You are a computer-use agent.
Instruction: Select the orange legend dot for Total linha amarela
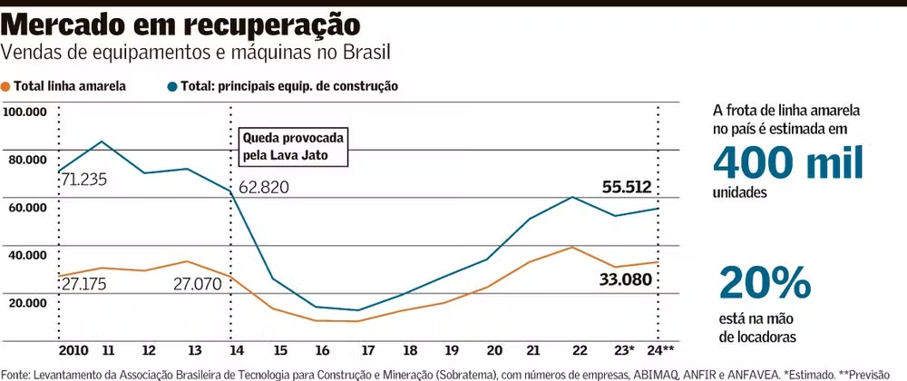pyautogui.click(x=7, y=87)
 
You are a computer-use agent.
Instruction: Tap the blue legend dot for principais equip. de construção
pyautogui.click(x=172, y=87)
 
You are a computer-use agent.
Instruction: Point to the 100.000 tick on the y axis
pyautogui.click(x=26, y=112)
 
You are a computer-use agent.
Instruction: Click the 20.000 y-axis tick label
pyautogui.click(x=26, y=302)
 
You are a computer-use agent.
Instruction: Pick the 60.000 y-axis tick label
pyautogui.click(x=26, y=208)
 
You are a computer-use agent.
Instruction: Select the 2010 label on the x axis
pyautogui.click(x=72, y=350)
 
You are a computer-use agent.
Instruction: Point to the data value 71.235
pyautogui.click(x=84, y=180)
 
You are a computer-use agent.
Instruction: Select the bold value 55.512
pyautogui.click(x=628, y=187)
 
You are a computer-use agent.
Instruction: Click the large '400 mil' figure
pyautogui.click(x=787, y=163)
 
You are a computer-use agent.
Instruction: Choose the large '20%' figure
pyautogui.click(x=764, y=284)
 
